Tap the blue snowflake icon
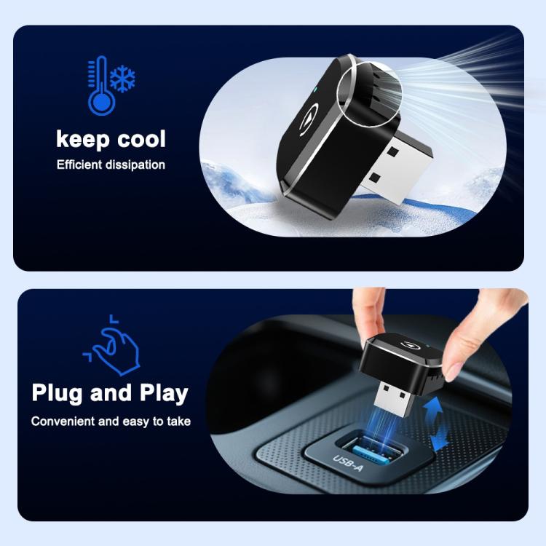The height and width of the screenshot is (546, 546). coord(122,80)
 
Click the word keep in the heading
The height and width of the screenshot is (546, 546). coord(83,139)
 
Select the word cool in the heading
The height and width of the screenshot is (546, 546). coord(141,139)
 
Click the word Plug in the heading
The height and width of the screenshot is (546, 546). coord(58,393)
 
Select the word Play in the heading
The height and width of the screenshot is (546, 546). coord(164,393)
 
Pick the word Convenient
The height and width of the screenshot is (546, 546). coord(63,422)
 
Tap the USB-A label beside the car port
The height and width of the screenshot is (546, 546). coord(347,464)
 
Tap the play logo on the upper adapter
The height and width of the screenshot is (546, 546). coord(308,122)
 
